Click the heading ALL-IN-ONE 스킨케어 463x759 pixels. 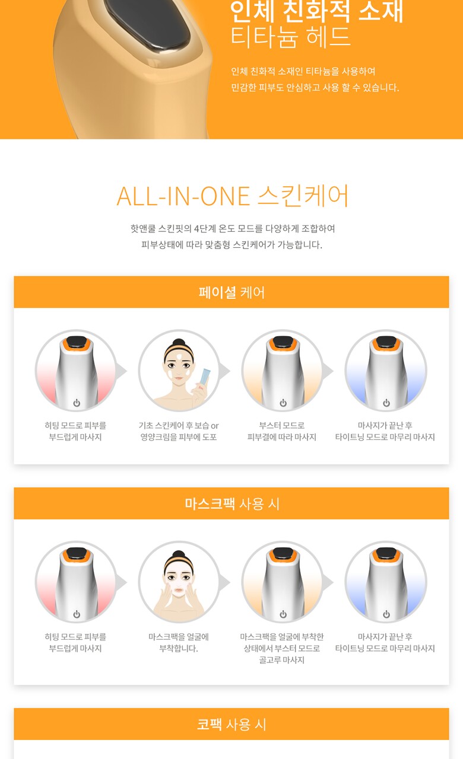[x=232, y=196]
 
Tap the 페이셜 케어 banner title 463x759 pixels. [x=231, y=292]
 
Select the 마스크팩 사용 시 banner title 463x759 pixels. [x=232, y=503]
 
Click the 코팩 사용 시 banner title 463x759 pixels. [x=231, y=724]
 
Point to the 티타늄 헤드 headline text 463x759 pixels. [x=290, y=37]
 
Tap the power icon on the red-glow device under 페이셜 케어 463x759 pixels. [x=77, y=403]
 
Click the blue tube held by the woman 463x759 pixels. [x=205, y=377]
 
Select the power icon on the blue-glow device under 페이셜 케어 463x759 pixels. [x=386, y=403]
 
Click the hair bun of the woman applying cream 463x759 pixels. [x=179, y=342]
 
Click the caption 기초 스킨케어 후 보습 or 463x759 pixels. [x=179, y=425]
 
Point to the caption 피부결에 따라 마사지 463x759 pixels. [x=282, y=437]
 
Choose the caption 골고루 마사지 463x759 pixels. [x=282, y=660]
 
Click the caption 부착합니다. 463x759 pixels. [x=179, y=648]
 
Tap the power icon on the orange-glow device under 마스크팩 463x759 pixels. [x=283, y=614]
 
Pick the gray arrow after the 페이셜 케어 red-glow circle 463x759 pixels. [x=121, y=371]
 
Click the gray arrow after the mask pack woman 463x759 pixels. [x=224, y=582]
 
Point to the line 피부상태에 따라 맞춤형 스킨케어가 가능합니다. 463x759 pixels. [x=231, y=245]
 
